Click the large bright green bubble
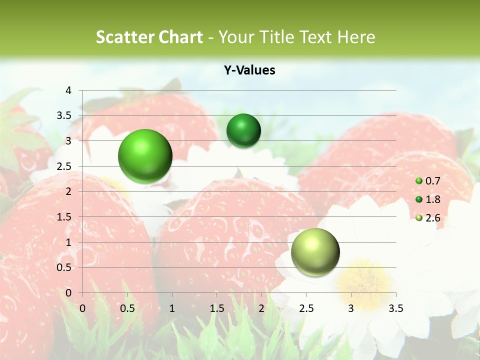[145, 156]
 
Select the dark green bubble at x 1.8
[243, 131]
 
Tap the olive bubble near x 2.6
[315, 252]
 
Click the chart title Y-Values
[249, 70]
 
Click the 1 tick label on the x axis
[172, 308]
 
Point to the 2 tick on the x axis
[261, 308]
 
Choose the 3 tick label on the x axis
[351, 308]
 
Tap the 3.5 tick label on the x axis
[395, 308]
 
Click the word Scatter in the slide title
[123, 37]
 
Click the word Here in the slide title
[356, 37]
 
